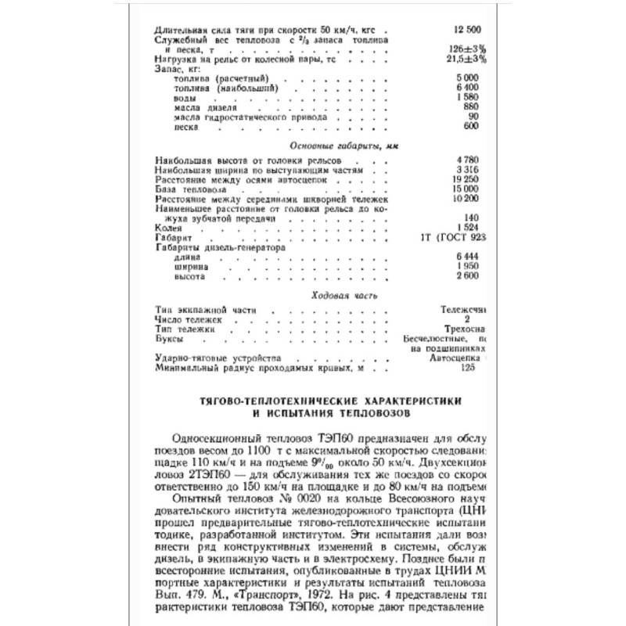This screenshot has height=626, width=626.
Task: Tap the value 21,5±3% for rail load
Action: [468, 59]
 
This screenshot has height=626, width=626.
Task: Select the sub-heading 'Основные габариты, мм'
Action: [334, 146]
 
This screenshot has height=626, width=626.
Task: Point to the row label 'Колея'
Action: [168, 228]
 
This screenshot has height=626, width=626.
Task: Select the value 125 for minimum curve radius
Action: [469, 367]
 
